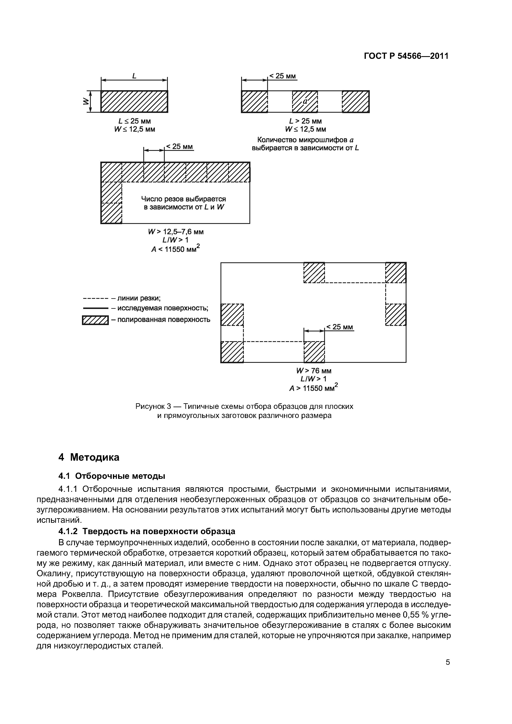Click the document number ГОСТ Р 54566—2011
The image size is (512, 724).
coord(406,56)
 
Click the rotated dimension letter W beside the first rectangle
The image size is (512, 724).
coord(85,101)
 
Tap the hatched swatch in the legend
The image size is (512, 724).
coord(95,320)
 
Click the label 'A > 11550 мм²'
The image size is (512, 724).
coord(313,388)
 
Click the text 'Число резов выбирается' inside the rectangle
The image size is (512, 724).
coord(183,199)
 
